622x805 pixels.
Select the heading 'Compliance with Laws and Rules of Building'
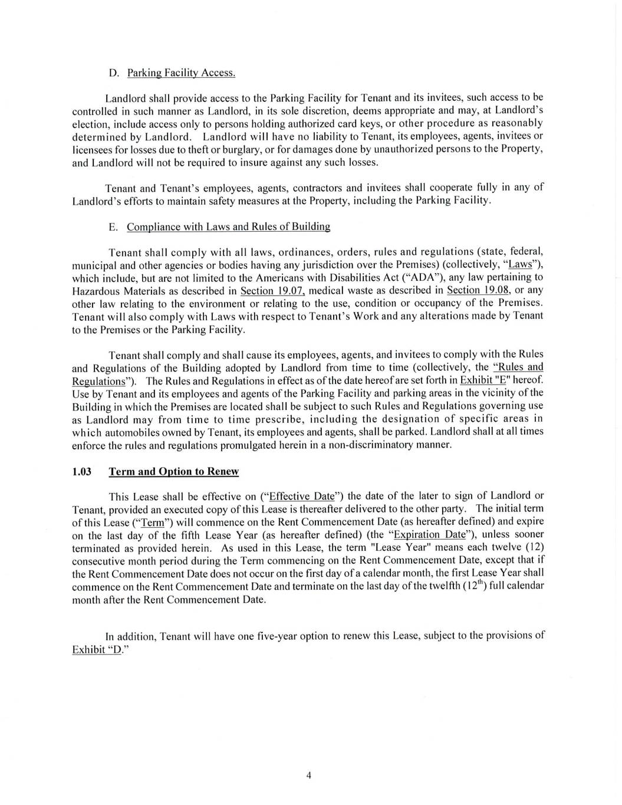[228, 226]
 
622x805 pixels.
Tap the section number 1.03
[81, 471]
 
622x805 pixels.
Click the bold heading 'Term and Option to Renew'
[174, 471]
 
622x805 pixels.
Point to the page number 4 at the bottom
[308, 775]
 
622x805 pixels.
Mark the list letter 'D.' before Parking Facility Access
[114, 73]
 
